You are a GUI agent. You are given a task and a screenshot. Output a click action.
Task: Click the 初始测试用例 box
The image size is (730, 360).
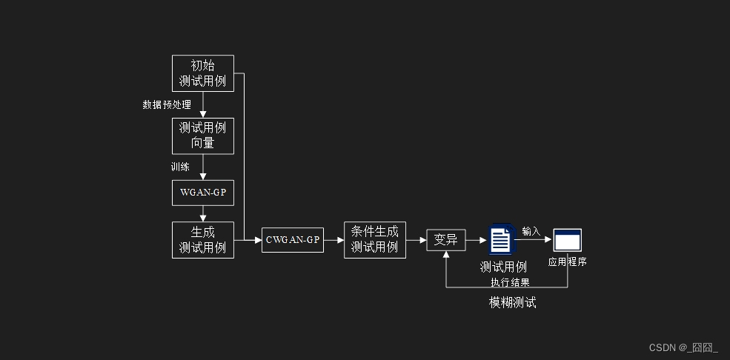[x=202, y=73]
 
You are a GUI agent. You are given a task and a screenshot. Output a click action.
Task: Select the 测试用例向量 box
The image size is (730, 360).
[x=202, y=136]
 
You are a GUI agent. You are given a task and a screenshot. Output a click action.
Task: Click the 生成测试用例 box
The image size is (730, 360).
[x=202, y=240]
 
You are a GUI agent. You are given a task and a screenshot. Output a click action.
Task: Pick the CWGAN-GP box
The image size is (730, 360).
[x=293, y=240]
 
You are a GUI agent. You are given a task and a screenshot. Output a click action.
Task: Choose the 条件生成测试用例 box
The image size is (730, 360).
[x=374, y=240]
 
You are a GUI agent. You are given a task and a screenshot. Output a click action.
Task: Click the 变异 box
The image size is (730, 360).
[x=445, y=240]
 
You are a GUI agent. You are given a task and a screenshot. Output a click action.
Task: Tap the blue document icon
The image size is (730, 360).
[x=500, y=240]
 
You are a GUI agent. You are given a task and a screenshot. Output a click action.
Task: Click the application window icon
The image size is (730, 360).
[x=568, y=239]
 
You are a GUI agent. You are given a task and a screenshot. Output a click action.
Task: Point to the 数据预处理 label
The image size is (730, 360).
[x=167, y=104]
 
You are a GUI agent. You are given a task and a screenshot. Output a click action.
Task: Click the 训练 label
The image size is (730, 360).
[x=180, y=167]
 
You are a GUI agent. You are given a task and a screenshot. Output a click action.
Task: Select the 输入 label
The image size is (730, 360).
[x=531, y=231]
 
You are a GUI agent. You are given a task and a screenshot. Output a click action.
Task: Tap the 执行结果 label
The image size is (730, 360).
[x=510, y=282]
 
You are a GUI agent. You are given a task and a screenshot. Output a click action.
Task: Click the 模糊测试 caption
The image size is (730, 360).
[x=512, y=302]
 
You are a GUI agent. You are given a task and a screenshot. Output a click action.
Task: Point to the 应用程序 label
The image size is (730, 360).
[x=568, y=261]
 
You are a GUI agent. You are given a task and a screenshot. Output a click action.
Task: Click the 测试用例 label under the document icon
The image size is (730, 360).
[x=503, y=267]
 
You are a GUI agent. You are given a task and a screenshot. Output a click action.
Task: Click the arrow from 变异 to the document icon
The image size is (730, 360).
[x=477, y=240]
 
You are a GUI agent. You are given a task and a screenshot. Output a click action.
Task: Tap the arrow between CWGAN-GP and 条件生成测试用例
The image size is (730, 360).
[x=334, y=240]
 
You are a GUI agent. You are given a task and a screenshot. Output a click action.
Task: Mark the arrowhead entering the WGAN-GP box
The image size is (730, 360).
[x=202, y=176]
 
